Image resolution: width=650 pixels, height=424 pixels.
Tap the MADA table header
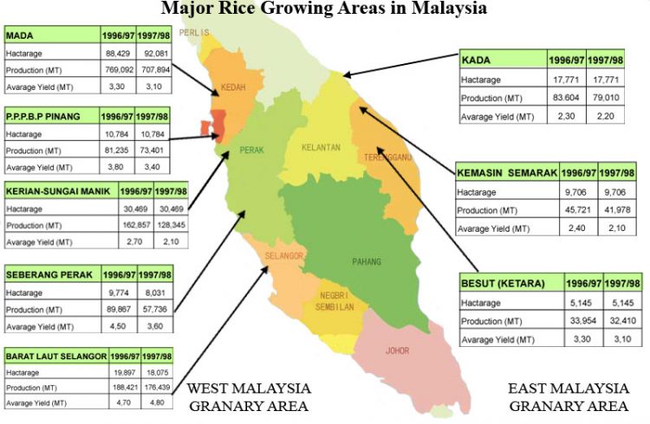[x=26, y=36]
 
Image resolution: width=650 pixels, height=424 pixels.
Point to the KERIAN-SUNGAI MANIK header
[x=60, y=190]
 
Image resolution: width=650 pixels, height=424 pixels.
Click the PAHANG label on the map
[x=367, y=260]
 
